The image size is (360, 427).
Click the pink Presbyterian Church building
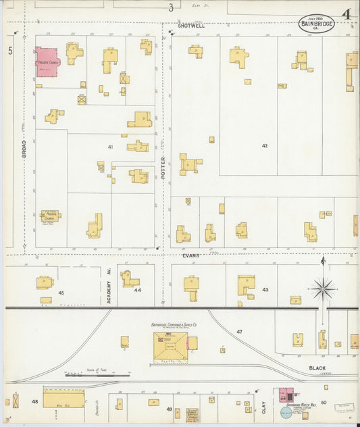pos(47,61)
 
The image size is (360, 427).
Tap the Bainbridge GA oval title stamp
pos(317,25)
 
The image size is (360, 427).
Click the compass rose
pos(323,289)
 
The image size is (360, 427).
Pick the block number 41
pos(109,146)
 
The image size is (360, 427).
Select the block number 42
pos(265,145)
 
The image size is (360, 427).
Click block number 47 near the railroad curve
pos(238,332)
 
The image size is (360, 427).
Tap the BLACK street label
pos(317,368)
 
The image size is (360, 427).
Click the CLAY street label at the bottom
pos(263,408)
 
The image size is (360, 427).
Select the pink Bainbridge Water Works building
pos(286,394)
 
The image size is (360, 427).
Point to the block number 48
pos(34,401)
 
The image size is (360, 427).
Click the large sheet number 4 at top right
pos(345,14)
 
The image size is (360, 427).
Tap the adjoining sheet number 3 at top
pos(171,7)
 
